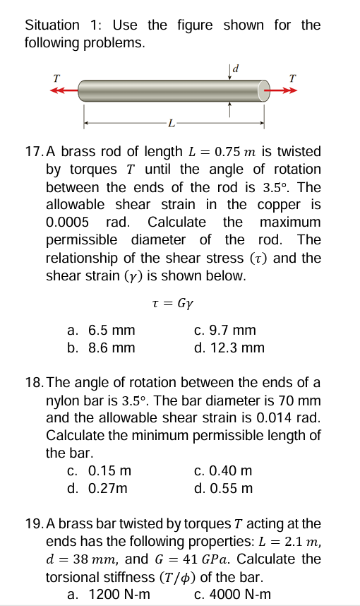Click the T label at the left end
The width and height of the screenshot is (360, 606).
click(56, 77)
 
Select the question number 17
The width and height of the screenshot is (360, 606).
click(33, 152)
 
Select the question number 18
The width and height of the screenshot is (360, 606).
click(33, 383)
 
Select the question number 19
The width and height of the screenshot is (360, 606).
click(33, 524)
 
